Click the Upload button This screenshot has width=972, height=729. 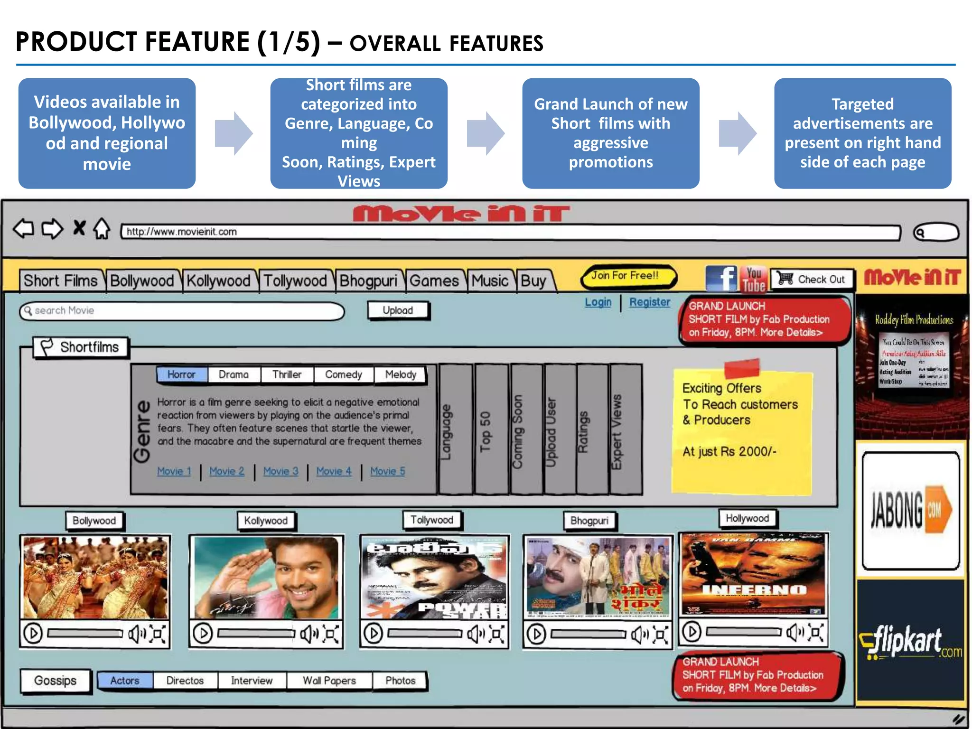pyautogui.click(x=398, y=310)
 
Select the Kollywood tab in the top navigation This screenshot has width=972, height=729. pyautogui.click(x=218, y=280)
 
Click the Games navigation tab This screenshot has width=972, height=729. pyautogui.click(x=434, y=280)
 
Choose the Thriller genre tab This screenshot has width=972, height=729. pyautogui.click(x=287, y=374)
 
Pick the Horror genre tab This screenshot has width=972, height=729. pyautogui.click(x=181, y=374)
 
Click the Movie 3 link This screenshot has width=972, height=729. pyautogui.click(x=280, y=471)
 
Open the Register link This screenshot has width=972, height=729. pyautogui.click(x=649, y=302)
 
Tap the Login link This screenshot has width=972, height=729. pyautogui.click(x=598, y=302)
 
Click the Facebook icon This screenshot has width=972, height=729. pyautogui.click(x=721, y=278)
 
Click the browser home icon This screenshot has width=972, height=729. pyautogui.click(x=102, y=229)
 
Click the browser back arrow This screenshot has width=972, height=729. pyautogui.click(x=24, y=229)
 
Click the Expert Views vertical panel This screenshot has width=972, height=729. pyautogui.click(x=626, y=430)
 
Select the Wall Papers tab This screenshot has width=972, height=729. pyautogui.click(x=329, y=681)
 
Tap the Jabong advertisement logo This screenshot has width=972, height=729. pyautogui.click(x=910, y=510)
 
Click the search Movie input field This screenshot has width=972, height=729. pyautogui.click(x=183, y=311)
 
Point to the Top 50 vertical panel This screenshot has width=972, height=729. pyautogui.click(x=491, y=430)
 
